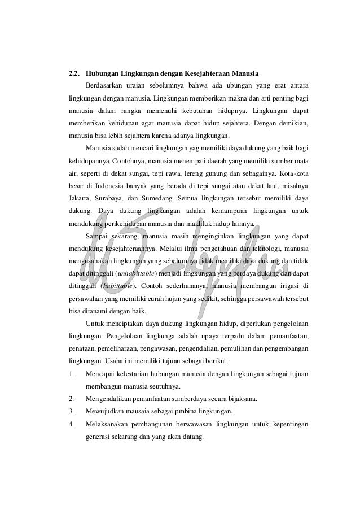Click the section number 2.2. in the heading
pos(74,73)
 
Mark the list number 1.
pos(71,374)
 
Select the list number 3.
pos(71,411)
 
